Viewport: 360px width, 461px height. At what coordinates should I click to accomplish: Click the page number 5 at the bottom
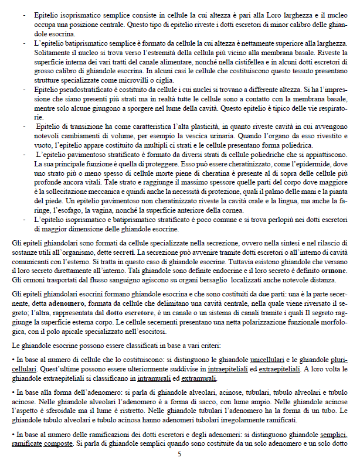coord(180,453)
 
